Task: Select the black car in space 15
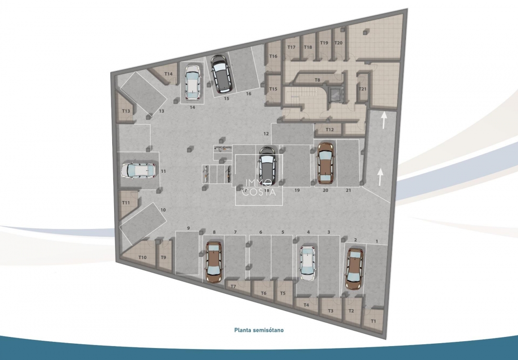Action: point(221,74)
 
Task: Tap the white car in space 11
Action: point(138,170)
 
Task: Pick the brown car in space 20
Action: point(326,164)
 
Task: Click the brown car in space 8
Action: point(214,262)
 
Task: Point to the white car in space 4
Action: point(307,264)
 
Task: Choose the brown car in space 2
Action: point(354,268)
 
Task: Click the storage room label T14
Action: point(168,74)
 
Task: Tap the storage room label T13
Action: point(126,111)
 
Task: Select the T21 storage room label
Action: point(363,89)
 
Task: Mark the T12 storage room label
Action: point(330,130)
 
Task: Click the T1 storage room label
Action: point(374,321)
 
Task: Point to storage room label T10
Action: point(142,258)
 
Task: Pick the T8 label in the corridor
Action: point(317,80)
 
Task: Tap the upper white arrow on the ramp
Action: point(383,120)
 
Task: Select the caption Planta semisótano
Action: point(259,330)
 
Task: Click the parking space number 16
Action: point(248,94)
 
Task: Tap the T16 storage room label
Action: point(273,56)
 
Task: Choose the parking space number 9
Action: point(188,228)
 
